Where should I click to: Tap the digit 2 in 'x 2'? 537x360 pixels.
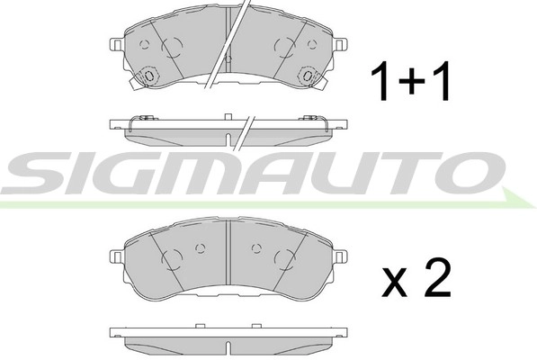[435, 280]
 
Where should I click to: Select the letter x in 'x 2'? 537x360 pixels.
[396, 285]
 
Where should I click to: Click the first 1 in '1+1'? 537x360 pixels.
[381, 82]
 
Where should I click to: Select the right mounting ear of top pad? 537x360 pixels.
[342, 42]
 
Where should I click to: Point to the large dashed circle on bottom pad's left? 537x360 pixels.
[172, 260]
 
